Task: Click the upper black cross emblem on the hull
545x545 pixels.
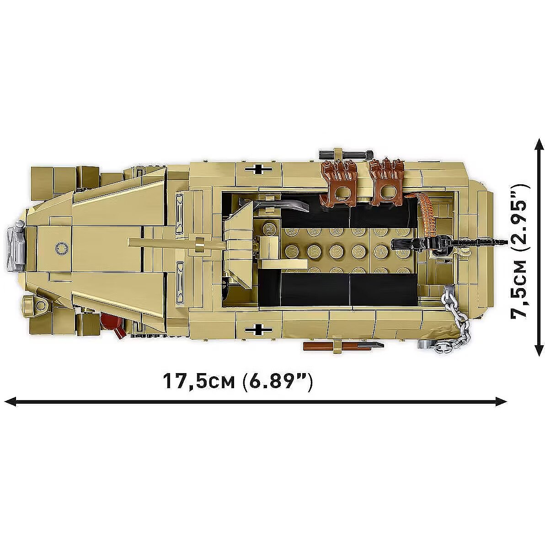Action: tap(258, 169)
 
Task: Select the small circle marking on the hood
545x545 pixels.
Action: tap(61, 247)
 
